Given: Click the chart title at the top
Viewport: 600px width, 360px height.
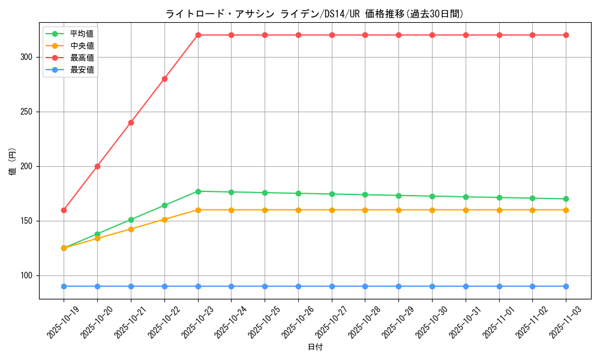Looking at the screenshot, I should [x=314, y=14].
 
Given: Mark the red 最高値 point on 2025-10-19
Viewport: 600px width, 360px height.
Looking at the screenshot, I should [x=64, y=210].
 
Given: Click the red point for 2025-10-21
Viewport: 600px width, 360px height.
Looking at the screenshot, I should [x=131, y=122].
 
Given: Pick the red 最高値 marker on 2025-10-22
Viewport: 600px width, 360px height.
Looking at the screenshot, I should [x=164, y=79].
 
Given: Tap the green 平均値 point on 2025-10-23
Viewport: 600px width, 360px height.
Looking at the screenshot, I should [x=198, y=191].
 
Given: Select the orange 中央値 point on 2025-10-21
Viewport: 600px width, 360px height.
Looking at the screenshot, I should [x=131, y=229].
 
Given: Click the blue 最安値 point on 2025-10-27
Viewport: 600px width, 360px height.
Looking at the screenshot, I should [x=332, y=286].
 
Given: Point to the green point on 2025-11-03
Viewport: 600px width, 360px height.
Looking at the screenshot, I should [x=566, y=199].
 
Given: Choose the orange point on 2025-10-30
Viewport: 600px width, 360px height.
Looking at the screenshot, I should [x=432, y=210].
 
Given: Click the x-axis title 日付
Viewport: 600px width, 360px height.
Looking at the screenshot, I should [x=315, y=347].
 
